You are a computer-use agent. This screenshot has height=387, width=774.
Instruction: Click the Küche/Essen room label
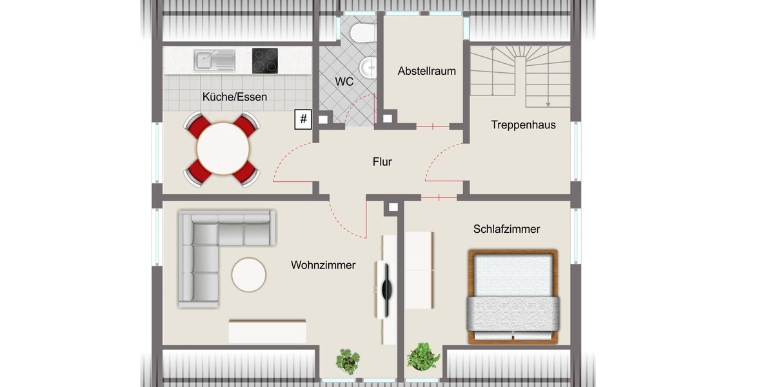coord(234,97)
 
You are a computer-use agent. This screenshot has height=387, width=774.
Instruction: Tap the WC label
coord(344,82)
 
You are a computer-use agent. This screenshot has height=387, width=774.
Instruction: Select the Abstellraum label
coord(426,71)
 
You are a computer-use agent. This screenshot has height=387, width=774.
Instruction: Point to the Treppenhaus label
coord(523,124)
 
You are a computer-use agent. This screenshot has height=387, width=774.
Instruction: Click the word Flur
coord(382,162)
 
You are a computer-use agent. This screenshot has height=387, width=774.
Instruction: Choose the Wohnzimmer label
coord(322,265)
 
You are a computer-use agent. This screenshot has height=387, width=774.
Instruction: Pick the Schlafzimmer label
coord(506,229)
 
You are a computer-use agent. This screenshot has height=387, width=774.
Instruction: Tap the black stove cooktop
coord(265,61)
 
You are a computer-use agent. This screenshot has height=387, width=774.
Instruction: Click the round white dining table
coord(223,148)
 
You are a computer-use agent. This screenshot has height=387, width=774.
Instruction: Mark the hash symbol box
coord(303,119)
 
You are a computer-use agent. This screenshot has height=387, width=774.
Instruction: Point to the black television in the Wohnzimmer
coord(386,290)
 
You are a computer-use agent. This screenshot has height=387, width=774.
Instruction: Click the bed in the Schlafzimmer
coord(513,297)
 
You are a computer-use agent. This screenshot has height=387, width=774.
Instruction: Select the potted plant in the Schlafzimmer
coord(423,357)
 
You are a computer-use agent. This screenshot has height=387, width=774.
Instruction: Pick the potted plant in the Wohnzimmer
coord(348,360)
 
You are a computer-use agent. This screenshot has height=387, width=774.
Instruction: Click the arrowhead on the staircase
coord(548,103)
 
